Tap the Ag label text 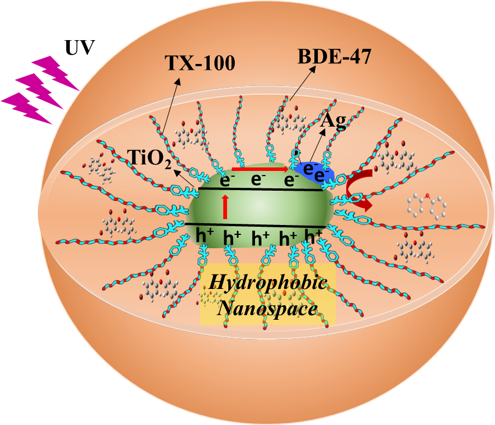tap(334, 122)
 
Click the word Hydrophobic tap(268, 283)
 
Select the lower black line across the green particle tap(256, 225)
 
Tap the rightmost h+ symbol tap(314, 237)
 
